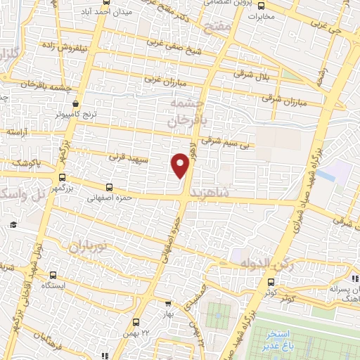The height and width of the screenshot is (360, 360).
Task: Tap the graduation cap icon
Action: click(x=13, y=224)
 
